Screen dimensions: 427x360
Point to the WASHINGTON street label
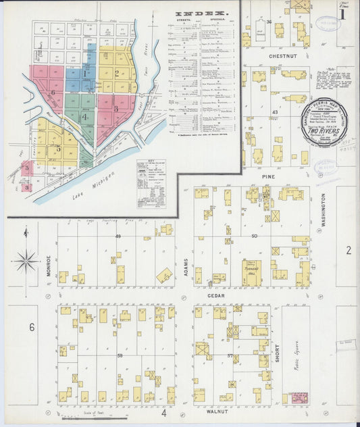[x=323, y=210]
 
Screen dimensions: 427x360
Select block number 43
[x=275, y=111]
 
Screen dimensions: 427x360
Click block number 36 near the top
[x=269, y=22]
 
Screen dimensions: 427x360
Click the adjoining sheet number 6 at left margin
[x=31, y=327]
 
